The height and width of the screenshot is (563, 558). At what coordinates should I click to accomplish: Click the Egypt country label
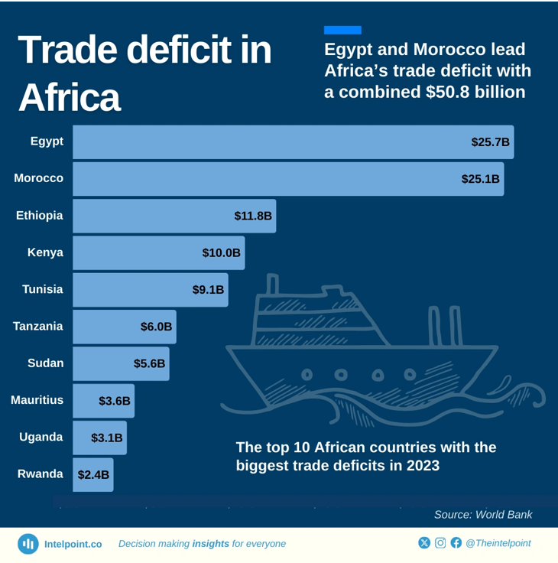click(x=47, y=142)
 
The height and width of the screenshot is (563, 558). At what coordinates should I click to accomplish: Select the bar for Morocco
click(x=288, y=179)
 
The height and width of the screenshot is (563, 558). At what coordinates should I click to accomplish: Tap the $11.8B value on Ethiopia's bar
click(x=253, y=216)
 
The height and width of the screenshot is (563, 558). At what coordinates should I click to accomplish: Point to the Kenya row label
click(x=45, y=252)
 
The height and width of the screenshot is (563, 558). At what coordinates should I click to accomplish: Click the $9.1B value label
click(x=208, y=290)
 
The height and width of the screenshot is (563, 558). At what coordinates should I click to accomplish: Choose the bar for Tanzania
click(x=124, y=327)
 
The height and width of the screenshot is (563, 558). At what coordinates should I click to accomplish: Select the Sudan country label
click(x=45, y=363)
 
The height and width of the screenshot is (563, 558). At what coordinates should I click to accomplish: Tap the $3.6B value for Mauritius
click(x=115, y=400)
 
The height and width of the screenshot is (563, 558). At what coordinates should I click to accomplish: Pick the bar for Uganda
click(x=99, y=438)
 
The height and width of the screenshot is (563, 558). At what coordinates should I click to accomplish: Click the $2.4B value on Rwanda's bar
click(x=93, y=474)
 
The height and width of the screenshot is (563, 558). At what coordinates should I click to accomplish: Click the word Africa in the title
click(x=69, y=97)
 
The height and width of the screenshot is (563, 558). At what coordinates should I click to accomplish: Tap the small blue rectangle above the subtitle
click(x=342, y=31)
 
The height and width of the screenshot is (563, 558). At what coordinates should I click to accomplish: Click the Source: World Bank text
click(x=483, y=515)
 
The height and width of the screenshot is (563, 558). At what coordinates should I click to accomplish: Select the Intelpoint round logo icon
click(x=28, y=544)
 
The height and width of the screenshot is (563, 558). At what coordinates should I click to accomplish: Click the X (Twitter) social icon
click(x=424, y=543)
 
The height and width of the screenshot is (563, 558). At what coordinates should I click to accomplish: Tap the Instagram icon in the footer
click(x=440, y=543)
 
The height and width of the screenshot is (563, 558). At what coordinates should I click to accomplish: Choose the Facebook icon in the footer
click(x=456, y=543)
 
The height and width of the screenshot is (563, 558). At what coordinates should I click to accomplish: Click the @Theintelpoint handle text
click(x=498, y=543)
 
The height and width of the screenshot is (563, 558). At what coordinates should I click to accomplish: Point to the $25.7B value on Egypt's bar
click(x=490, y=142)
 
